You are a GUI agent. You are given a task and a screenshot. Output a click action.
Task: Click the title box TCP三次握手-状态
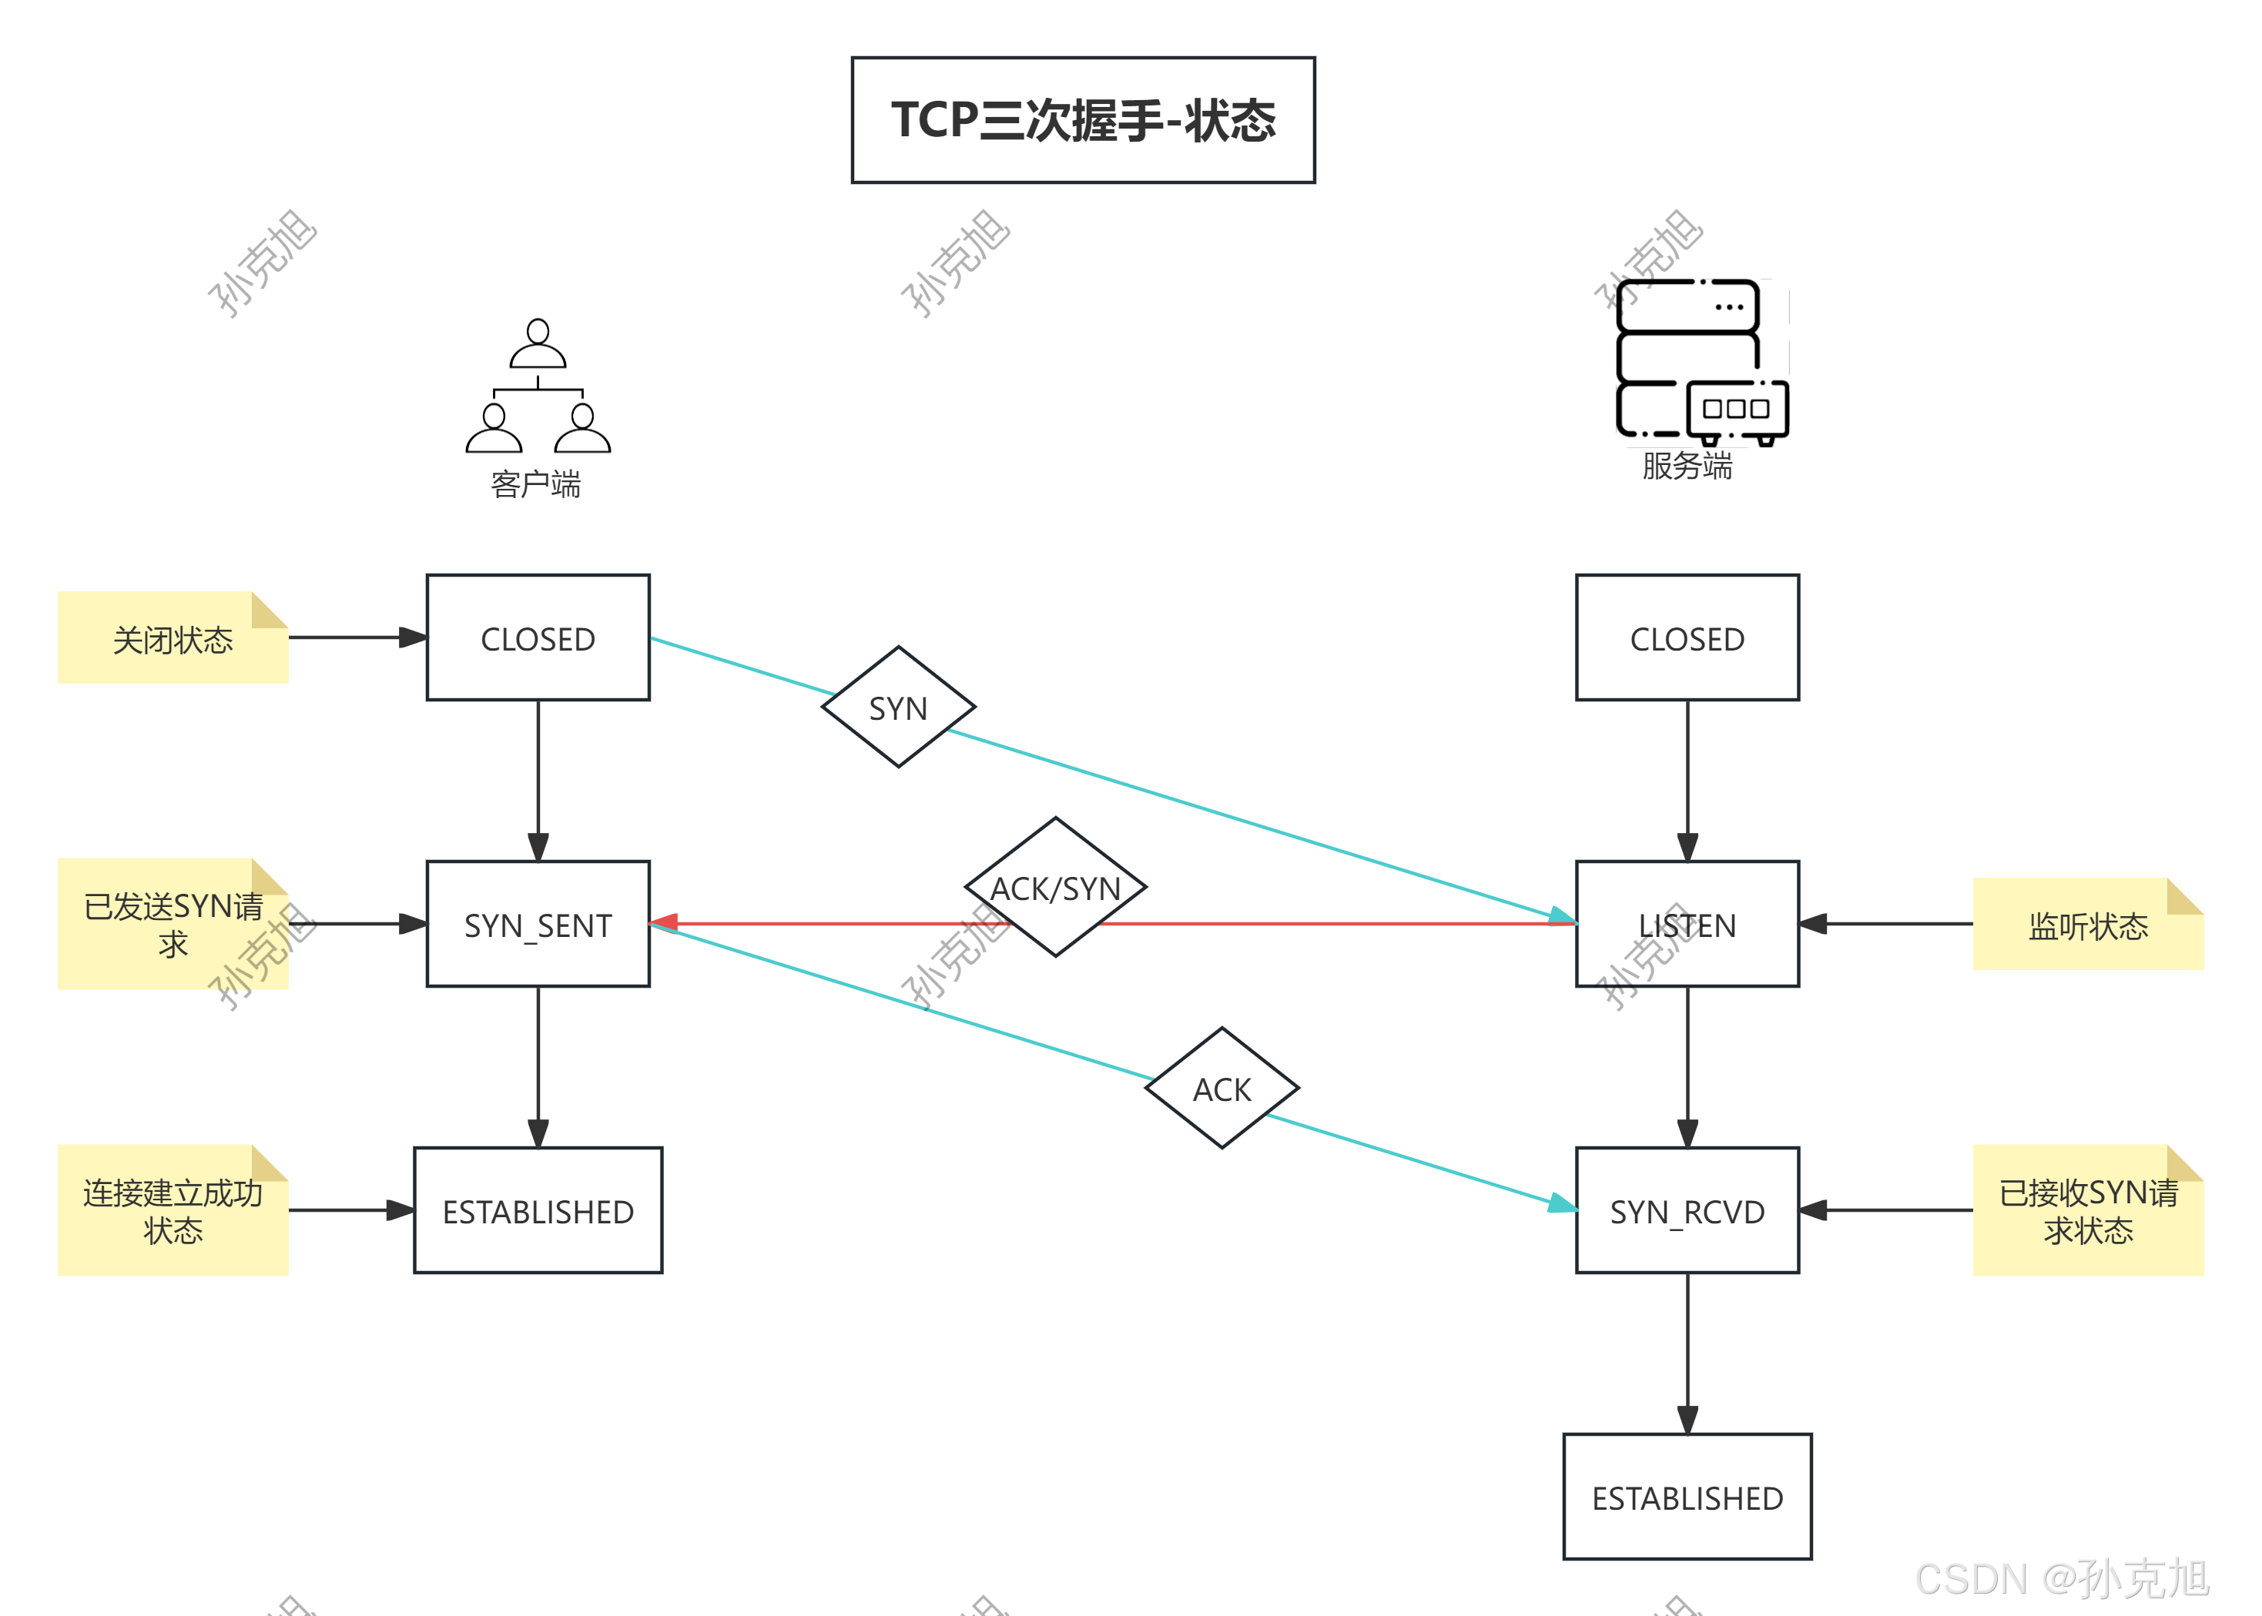(x=1083, y=119)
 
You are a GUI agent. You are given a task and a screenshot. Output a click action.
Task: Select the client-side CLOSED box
(x=538, y=637)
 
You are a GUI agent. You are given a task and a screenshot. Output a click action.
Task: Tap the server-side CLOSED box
(x=1687, y=637)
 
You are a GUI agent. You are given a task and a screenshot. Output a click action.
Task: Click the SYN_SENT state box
(x=538, y=925)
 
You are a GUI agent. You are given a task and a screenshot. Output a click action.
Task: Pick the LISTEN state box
(x=1687, y=925)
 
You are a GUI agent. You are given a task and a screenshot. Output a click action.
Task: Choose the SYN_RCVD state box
(x=1687, y=1211)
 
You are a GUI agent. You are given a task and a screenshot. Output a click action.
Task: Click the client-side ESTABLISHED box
(x=538, y=1211)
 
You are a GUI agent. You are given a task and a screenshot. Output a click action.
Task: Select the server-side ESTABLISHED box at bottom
(x=1687, y=1497)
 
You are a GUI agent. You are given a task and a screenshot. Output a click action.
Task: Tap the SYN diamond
(x=897, y=708)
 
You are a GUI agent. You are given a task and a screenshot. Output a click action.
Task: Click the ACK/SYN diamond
(x=1055, y=887)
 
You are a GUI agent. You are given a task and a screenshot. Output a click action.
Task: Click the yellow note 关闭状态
(x=173, y=637)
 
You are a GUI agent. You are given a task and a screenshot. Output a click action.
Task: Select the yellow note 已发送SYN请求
(x=173, y=925)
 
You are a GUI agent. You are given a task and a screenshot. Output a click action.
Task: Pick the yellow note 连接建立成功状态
(x=173, y=1211)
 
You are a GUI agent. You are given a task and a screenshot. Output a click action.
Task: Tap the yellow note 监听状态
(x=2087, y=925)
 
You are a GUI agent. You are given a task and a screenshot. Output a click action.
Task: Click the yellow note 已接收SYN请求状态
(x=2087, y=1211)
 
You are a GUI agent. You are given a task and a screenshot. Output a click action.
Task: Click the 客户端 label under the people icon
(x=535, y=484)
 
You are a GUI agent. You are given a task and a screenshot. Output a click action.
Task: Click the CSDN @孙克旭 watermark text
(x=2061, y=1578)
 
